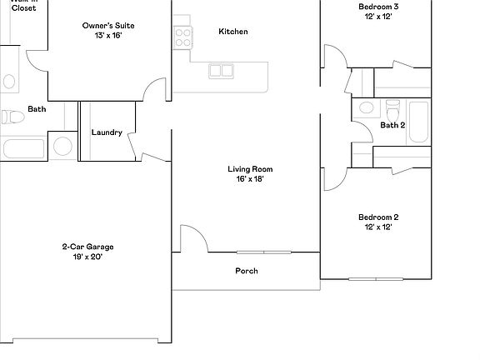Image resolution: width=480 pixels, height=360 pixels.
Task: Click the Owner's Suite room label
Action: click(x=108, y=26)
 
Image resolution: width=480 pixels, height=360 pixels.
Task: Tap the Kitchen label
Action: click(x=232, y=32)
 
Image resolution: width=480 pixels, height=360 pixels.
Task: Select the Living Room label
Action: click(x=250, y=169)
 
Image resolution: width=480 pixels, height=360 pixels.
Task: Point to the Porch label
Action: click(x=247, y=271)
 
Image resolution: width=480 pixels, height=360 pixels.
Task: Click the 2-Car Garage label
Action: click(x=87, y=246)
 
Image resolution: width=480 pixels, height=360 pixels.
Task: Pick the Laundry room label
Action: click(x=107, y=132)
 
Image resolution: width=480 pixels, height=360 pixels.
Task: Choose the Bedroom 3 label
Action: click(x=378, y=7)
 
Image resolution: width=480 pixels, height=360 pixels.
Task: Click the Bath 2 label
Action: click(x=392, y=126)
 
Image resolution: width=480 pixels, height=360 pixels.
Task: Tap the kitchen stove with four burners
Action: click(x=182, y=36)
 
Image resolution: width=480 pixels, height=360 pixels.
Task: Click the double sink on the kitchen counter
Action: click(x=221, y=71)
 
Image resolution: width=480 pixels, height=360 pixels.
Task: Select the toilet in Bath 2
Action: click(x=393, y=109)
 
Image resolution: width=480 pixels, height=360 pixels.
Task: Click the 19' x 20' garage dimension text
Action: click(x=87, y=257)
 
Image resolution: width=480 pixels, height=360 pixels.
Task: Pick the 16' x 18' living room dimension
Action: click(x=250, y=179)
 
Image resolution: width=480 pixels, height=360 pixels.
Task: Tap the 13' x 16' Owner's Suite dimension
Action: click(x=108, y=36)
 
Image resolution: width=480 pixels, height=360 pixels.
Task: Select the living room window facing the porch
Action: click(x=263, y=252)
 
